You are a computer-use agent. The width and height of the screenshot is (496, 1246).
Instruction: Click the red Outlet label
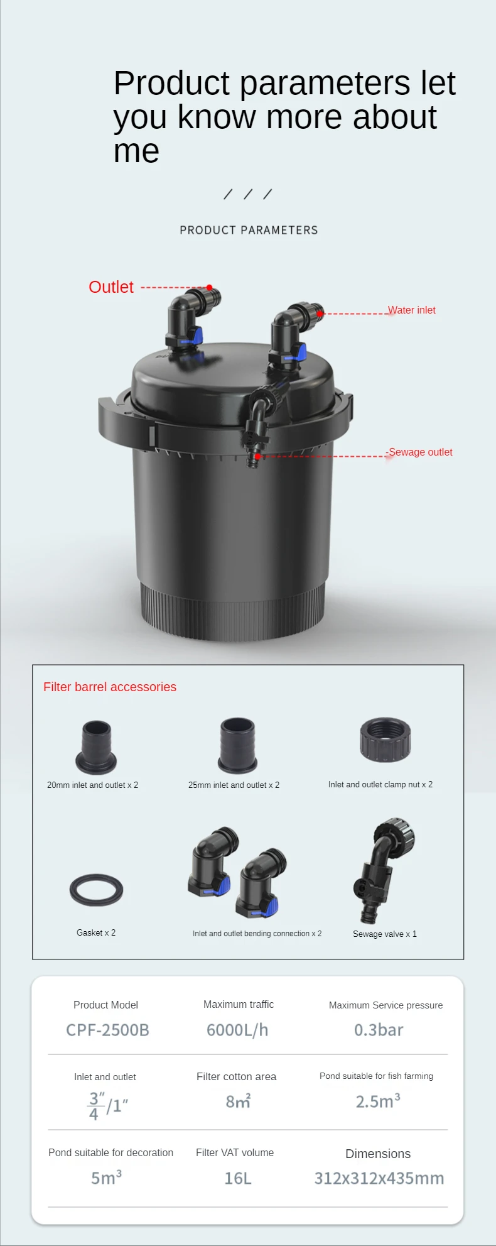click(x=111, y=287)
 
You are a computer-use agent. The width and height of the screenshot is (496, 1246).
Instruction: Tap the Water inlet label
click(x=411, y=310)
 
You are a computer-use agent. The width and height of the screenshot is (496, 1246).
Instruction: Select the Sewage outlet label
click(x=420, y=452)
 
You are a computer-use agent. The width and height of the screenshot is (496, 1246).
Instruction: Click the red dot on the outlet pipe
click(x=210, y=288)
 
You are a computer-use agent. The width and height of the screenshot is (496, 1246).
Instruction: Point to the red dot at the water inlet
click(x=320, y=313)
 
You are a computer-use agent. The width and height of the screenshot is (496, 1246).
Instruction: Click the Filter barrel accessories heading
click(x=110, y=687)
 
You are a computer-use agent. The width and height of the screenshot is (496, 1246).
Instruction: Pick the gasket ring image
click(x=96, y=890)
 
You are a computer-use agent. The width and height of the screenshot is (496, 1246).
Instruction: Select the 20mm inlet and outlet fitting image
click(x=96, y=747)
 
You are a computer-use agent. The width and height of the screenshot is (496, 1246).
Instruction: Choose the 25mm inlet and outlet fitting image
click(x=237, y=745)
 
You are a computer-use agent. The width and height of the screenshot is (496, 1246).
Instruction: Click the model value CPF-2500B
click(x=107, y=1030)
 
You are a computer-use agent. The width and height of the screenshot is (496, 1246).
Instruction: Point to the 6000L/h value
click(x=237, y=1030)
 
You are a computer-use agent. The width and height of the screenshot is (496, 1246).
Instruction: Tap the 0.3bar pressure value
click(x=379, y=1030)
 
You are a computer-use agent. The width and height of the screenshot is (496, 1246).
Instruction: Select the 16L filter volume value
click(x=238, y=1178)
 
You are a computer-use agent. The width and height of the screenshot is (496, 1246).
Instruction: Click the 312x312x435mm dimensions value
click(x=379, y=1178)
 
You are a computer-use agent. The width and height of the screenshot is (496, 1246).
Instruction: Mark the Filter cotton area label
click(x=236, y=1076)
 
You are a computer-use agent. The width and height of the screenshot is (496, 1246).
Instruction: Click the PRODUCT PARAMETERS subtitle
click(x=249, y=230)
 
